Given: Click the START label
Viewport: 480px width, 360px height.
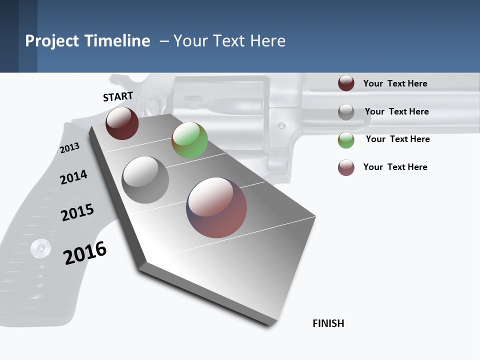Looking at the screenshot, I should pos(118,96).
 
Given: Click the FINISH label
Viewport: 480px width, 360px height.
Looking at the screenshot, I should pos(328,323).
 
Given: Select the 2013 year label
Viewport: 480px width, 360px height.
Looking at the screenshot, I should pos(69,148).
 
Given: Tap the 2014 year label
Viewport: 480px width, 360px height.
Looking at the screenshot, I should pos(73,177).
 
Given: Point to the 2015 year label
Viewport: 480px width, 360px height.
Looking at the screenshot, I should pos(77,212).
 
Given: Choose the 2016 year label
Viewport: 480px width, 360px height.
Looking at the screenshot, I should pos(85,252).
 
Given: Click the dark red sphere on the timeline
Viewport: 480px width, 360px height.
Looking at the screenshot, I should pos(122,123).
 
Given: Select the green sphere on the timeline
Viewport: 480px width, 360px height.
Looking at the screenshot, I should pos(189,140).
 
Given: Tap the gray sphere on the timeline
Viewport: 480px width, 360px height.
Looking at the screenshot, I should pos(145,179).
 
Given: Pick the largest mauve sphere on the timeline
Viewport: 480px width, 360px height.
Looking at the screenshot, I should pos(216,207).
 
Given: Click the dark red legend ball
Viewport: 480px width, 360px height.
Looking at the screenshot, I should pos(346,83).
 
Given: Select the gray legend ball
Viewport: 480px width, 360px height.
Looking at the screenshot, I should pos(346,111).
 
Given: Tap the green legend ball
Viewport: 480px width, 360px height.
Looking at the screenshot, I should pos(346,139).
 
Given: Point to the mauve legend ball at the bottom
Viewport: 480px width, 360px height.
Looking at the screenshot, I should pos(346,167).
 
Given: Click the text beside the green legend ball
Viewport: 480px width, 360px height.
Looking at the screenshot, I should pos(397,139).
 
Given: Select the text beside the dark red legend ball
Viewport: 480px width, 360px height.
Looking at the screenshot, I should pos(395,83).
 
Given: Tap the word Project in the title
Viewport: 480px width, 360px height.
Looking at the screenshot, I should pos(52,40).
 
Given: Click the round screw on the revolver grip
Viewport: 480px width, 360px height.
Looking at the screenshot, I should pos(40,247).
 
